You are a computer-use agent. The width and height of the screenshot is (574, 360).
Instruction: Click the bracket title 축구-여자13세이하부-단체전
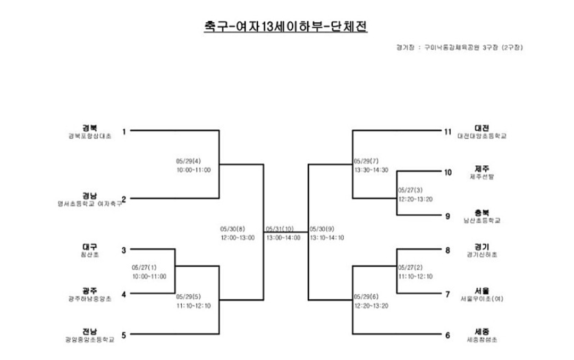tap(285, 27)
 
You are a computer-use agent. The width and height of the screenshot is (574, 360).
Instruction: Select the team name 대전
tap(482, 128)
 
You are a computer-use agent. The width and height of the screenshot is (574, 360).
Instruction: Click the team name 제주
tap(482, 169)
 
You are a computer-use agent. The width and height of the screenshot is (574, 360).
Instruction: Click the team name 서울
tap(482, 291)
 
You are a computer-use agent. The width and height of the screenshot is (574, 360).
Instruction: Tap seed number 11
tap(448, 131)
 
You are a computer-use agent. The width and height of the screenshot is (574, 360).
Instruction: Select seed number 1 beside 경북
tap(124, 131)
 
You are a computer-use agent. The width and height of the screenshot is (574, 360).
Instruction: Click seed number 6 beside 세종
tap(448, 335)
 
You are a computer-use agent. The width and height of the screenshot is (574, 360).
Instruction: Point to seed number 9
tap(448, 216)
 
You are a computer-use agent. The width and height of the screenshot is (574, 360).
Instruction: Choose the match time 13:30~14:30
tap(371, 170)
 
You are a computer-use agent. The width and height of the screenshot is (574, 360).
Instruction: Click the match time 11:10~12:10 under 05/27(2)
tap(415, 277)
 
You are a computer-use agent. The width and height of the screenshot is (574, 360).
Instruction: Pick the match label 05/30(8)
tap(233, 229)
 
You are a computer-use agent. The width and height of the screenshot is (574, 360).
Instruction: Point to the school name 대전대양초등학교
tap(482, 136)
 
